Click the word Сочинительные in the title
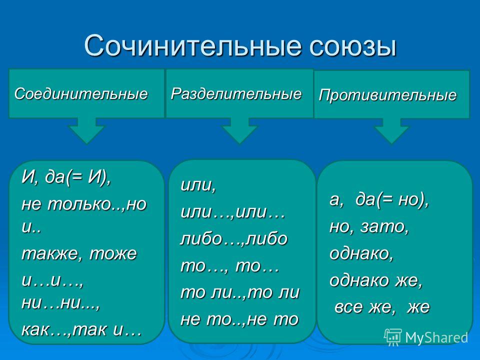click(194, 45)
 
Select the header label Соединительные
click(81, 93)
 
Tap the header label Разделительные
click(236, 93)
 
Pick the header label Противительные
click(387, 95)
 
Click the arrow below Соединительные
click(86, 130)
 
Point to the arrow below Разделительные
click(239, 130)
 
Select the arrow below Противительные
click(391, 131)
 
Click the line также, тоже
click(79, 254)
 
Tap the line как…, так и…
click(81, 329)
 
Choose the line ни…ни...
click(61, 303)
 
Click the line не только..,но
click(84, 204)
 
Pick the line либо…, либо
click(234, 239)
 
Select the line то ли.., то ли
click(240, 292)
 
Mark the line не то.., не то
click(239, 319)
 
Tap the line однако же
click(376, 280)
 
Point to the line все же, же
click(382, 307)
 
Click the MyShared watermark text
click(436, 337)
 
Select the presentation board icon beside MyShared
click(393, 337)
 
